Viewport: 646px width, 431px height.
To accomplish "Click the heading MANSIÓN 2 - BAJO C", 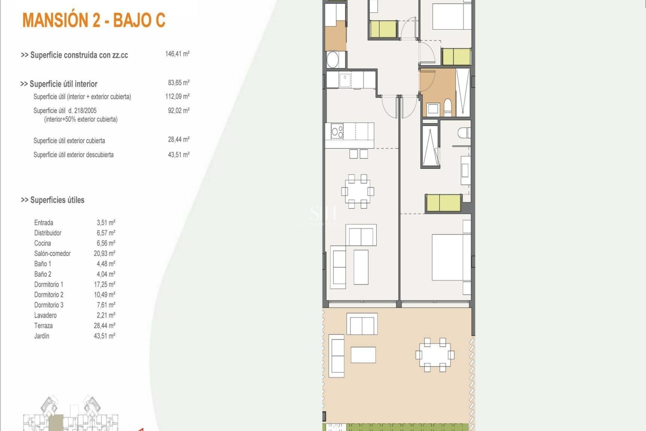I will tap(94, 20).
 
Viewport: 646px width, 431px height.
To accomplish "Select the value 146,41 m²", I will tap(177, 54).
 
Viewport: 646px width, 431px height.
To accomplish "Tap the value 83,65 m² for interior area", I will tap(179, 83).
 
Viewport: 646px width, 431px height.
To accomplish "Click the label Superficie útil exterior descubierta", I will tap(73, 155).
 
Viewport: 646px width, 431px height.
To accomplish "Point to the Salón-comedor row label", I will tap(52, 254).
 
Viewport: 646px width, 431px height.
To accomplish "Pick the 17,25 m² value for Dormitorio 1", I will tap(104, 285).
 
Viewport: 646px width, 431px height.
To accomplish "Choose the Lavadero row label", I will tap(45, 316).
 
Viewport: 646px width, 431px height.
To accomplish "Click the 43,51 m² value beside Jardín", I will tap(104, 336).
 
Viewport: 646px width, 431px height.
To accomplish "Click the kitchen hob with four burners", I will tap(337, 131).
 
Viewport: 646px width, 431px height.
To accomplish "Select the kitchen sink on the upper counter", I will tap(345, 80).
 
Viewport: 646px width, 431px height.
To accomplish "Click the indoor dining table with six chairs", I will tap(357, 191).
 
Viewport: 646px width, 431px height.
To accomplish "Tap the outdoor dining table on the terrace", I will tap(435, 355).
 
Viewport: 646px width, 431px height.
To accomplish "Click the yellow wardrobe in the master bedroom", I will tap(443, 203).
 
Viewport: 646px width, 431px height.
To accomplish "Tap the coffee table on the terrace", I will tap(363, 355).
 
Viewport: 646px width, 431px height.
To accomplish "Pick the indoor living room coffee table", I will tap(361, 267).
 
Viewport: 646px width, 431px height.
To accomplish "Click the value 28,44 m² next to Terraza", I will tap(104, 326).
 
